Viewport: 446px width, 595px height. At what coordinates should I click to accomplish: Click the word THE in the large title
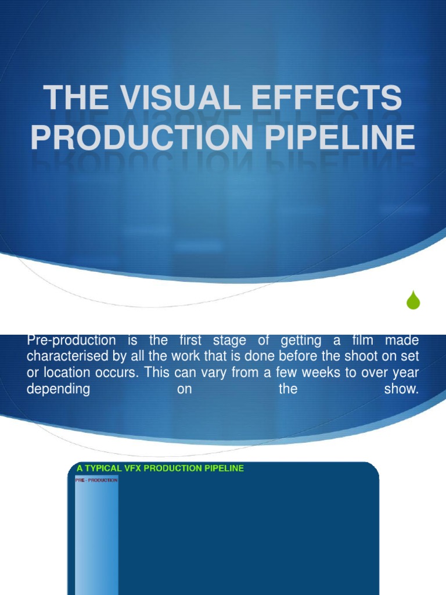(73, 98)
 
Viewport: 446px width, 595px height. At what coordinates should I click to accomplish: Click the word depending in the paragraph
(58, 389)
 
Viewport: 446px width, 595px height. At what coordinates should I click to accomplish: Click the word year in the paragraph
(404, 373)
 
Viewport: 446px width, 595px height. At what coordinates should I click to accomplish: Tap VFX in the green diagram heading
(132, 468)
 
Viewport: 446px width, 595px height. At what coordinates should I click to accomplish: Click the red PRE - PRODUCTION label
(96, 481)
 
